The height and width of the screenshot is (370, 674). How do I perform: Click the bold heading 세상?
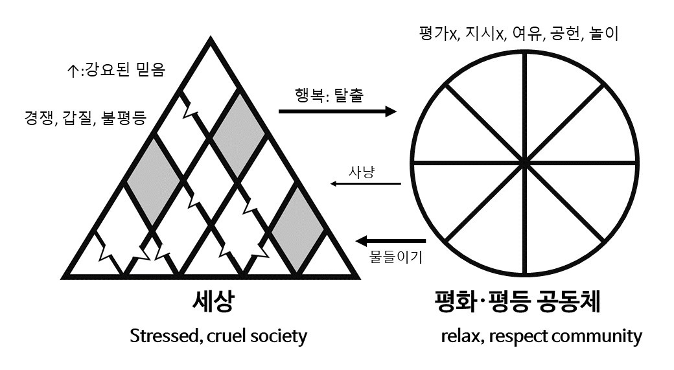[212, 303]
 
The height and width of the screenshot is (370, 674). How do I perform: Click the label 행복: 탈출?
[329, 97]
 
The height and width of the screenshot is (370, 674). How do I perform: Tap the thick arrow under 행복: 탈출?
[337, 112]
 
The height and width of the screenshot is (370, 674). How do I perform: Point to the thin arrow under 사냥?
[366, 184]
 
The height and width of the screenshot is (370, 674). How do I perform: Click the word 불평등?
[124, 119]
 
